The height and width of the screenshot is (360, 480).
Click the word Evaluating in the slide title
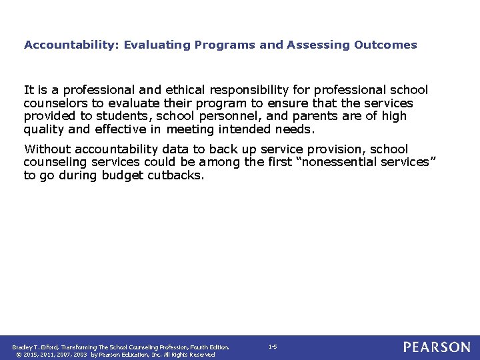158,45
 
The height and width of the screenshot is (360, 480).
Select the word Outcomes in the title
387,45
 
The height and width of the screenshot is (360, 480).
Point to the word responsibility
235,90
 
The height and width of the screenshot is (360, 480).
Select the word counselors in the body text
54,103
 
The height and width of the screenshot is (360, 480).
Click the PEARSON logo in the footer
436,347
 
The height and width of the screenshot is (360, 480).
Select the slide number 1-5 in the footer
273,347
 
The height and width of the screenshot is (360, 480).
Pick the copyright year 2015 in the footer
31,355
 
